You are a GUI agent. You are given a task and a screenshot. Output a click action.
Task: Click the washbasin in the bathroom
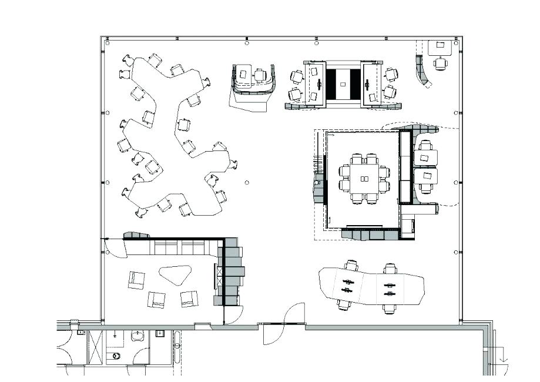point(137,337)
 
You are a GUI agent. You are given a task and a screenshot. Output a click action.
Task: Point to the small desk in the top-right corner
point(440,46)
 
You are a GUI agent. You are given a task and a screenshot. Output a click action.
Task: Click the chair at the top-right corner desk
point(440,63)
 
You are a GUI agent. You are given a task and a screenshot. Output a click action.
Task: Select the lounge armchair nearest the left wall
point(137,280)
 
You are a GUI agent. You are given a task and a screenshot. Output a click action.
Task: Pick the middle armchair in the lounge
point(157,300)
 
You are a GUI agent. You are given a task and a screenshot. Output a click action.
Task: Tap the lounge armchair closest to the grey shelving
point(189,299)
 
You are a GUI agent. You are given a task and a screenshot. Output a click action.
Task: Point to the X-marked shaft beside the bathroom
point(95,347)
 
